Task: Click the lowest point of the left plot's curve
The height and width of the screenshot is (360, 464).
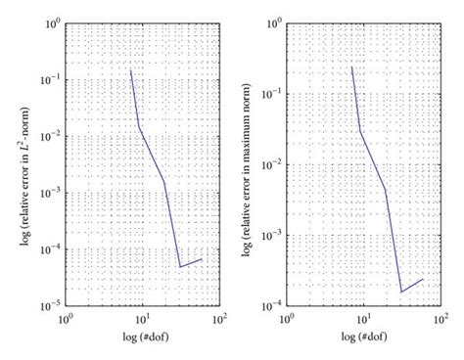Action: pyautogui.click(x=180, y=266)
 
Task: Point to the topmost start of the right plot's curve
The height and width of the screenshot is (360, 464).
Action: pyautogui.click(x=352, y=66)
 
